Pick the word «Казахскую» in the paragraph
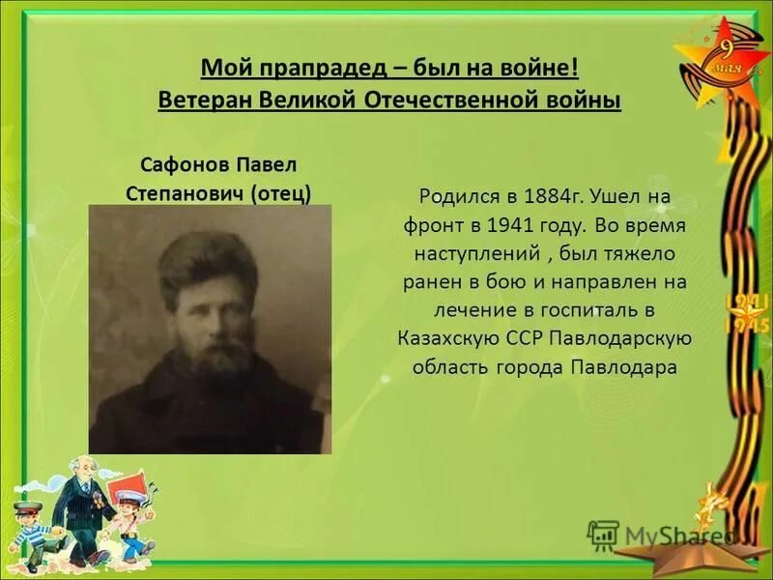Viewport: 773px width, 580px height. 448,337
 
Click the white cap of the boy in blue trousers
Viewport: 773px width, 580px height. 131,497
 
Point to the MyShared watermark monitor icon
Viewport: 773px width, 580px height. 603,535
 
